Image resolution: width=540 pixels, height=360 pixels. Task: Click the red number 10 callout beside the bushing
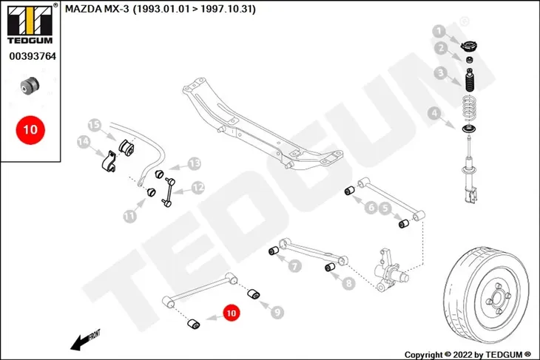coord(231,313)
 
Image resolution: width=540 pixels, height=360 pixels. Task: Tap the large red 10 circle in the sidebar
coord(30,130)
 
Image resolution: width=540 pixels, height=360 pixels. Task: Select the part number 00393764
coord(33,56)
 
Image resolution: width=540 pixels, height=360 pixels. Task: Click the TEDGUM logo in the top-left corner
coord(30,24)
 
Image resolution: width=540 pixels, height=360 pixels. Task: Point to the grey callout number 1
coord(439,32)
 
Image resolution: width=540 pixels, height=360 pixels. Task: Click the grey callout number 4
coord(434,113)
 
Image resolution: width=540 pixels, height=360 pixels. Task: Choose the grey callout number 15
coord(95,125)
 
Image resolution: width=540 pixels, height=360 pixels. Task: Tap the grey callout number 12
coord(198,188)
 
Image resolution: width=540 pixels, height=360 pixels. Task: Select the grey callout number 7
coord(295,265)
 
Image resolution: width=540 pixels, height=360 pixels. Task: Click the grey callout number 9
coord(277,313)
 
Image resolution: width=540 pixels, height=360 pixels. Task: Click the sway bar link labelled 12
coord(169,192)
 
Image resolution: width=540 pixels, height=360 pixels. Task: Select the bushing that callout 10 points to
coord(194,324)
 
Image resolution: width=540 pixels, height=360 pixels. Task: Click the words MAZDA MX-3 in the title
coord(97,9)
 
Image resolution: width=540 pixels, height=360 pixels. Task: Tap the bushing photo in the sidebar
coord(30,85)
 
